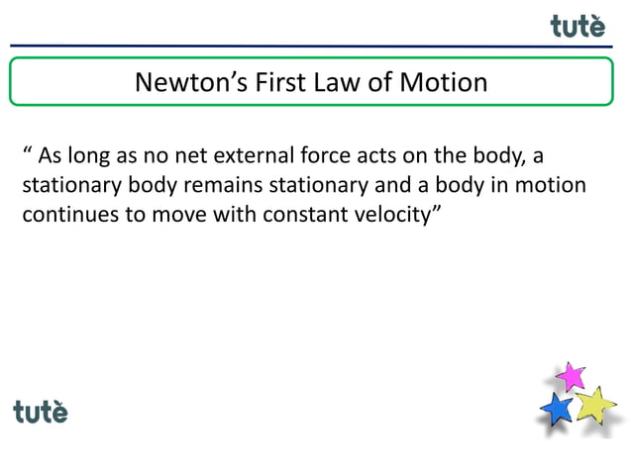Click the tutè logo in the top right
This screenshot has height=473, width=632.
578,26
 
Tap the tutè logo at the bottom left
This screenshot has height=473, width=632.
41,411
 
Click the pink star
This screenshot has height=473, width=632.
570,376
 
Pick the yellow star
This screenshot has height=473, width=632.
595,404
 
